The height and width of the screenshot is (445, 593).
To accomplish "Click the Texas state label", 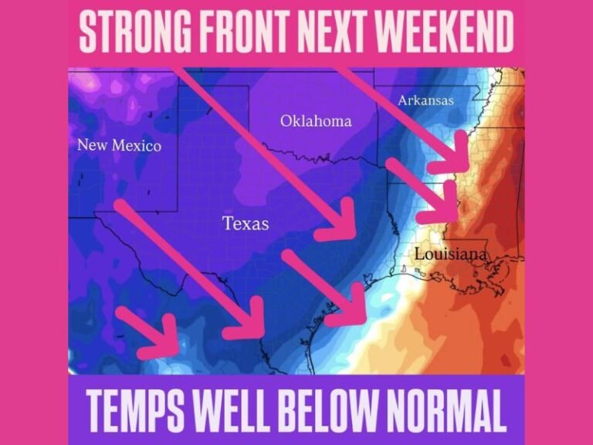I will point(246,224).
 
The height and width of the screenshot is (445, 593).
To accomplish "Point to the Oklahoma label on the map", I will point(315,121).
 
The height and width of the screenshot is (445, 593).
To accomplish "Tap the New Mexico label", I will point(119,145).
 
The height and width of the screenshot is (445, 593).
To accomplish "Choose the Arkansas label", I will point(426,100).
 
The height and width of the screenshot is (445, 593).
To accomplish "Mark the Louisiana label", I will point(451,254).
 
